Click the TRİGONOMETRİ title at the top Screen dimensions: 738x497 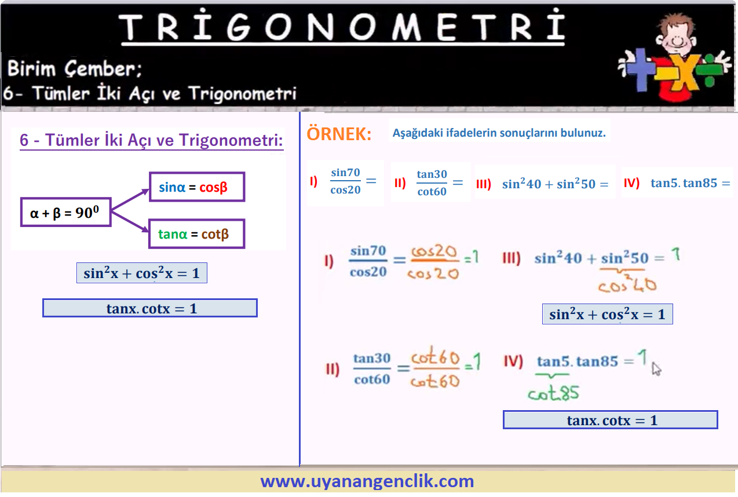pos(343,25)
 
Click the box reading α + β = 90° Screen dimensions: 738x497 pos(65,212)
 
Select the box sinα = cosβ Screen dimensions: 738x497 pos(197,187)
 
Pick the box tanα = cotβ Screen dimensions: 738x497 pos(197,234)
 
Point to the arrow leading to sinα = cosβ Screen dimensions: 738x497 pos(130,199)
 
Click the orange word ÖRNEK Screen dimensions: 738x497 pos(339,134)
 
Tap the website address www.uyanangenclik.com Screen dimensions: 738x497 pos(367,481)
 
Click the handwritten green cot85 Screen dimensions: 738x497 pos(553,392)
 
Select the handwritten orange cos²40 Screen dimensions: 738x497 pos(627,284)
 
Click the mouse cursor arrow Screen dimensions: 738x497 pos(656,368)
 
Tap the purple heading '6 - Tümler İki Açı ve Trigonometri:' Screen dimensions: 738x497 pos(151,140)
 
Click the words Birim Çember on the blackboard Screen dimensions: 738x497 pos(75,68)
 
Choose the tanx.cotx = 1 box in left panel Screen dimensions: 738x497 pos(150,308)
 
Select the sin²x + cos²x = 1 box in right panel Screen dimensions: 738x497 pos(608,314)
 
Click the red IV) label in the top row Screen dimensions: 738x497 pos(631,182)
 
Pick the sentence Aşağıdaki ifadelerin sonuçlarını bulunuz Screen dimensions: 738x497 pos(499,133)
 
